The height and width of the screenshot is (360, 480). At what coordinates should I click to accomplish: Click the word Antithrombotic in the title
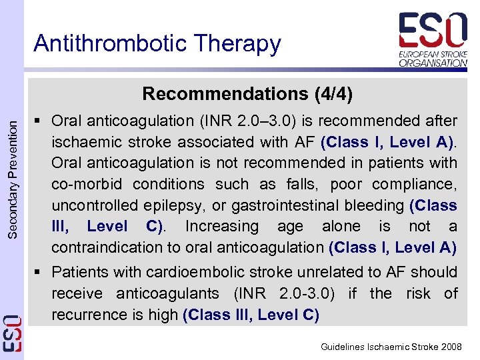pos(103,43)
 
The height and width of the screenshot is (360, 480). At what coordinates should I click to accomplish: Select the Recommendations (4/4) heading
pos(247,93)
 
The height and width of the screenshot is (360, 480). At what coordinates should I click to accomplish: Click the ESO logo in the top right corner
pos(433,31)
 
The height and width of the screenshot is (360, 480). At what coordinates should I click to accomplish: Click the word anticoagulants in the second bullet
pos(167,293)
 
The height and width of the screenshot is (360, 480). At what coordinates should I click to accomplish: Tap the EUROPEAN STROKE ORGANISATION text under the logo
pos(433,58)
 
